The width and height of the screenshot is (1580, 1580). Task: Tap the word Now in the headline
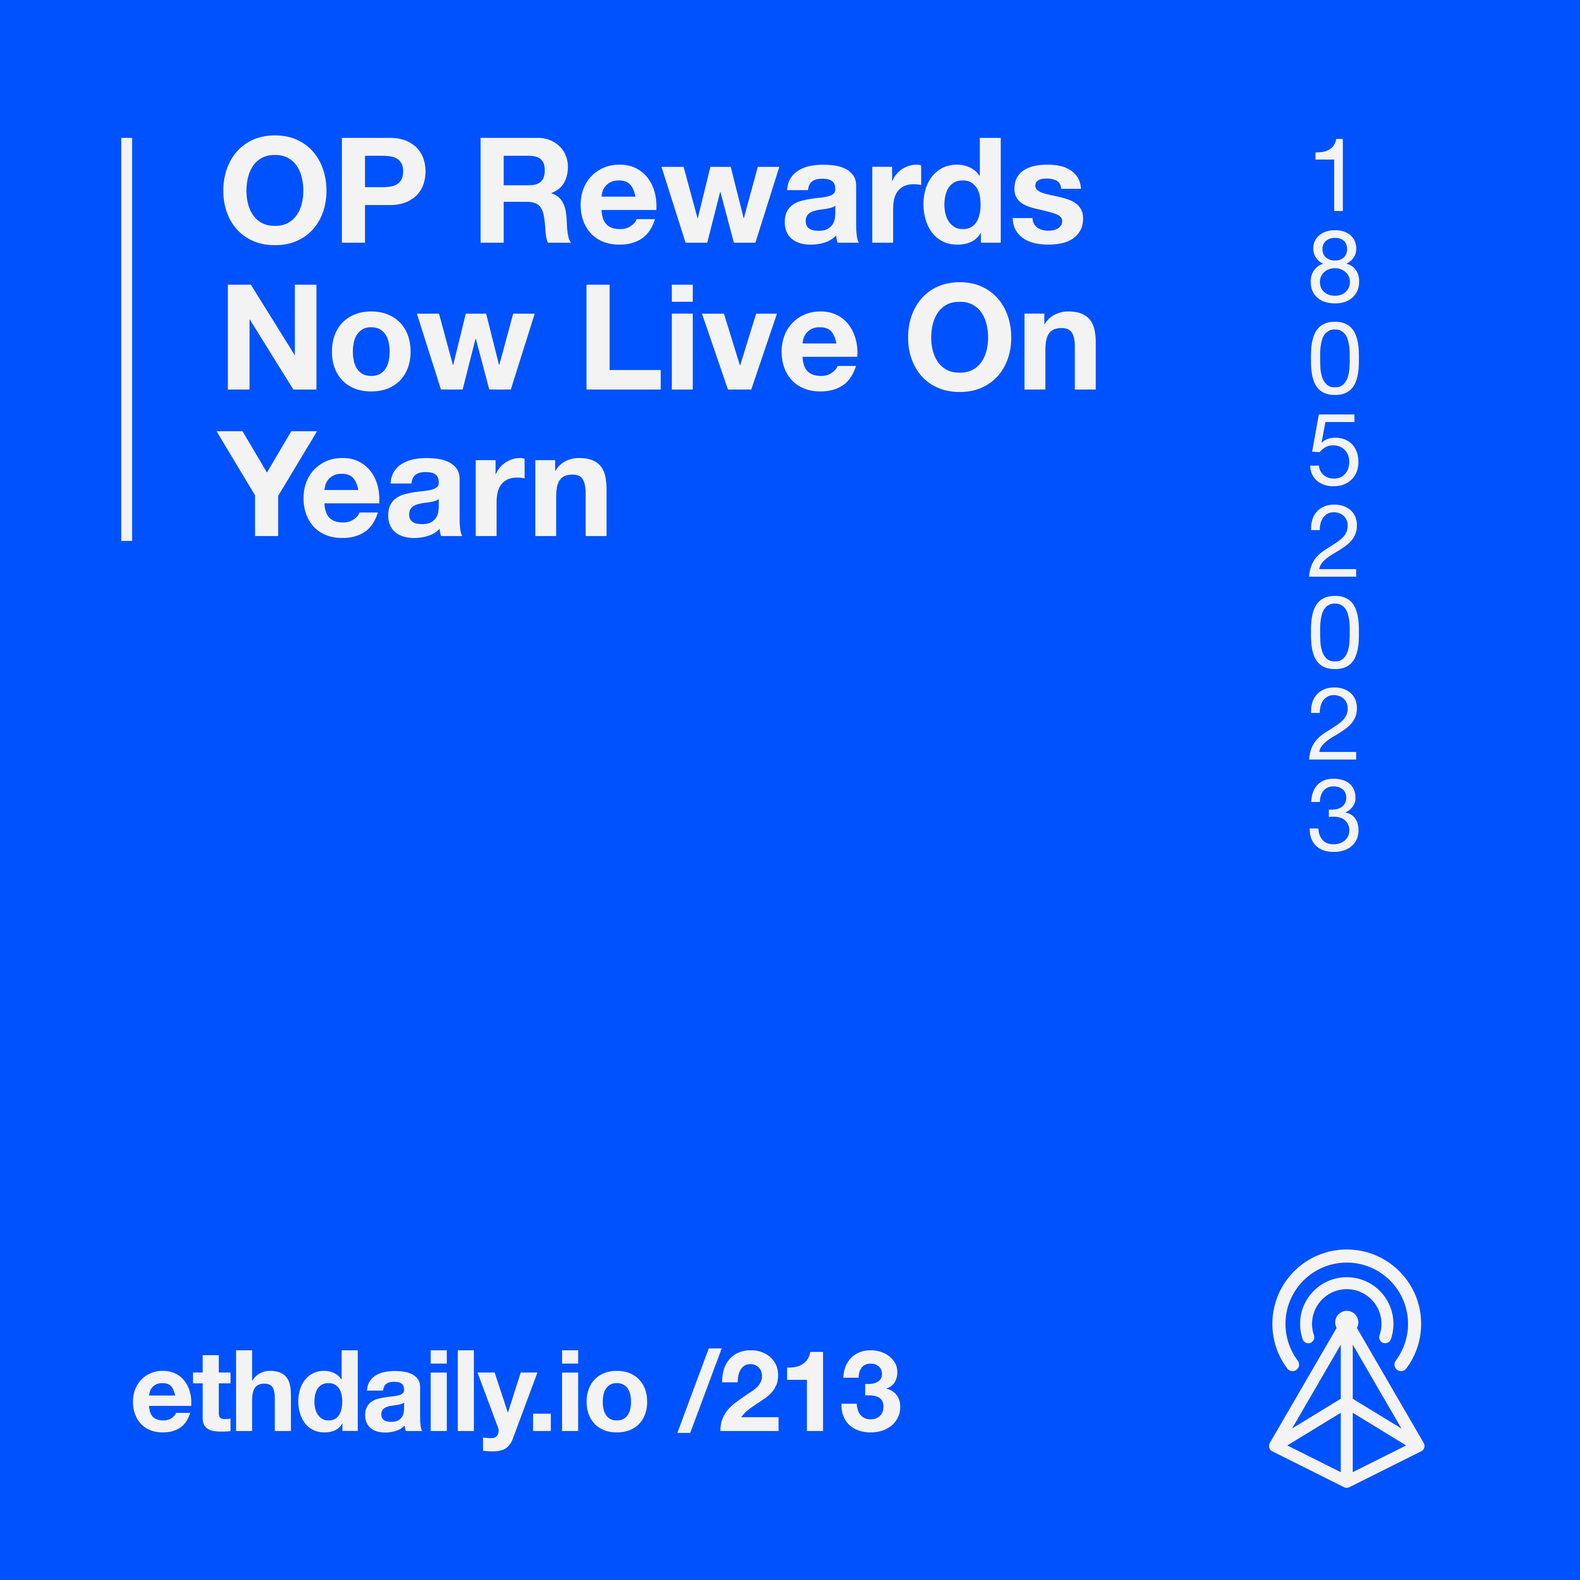point(380,337)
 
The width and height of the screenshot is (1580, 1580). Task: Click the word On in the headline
point(1002,337)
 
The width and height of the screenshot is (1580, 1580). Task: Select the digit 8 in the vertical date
point(1335,267)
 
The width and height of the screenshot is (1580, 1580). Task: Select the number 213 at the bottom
point(810,1391)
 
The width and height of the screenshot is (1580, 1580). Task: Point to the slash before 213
point(699,1391)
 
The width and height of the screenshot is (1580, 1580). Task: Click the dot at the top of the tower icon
point(1346,1322)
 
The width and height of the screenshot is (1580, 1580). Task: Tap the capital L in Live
point(623,337)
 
